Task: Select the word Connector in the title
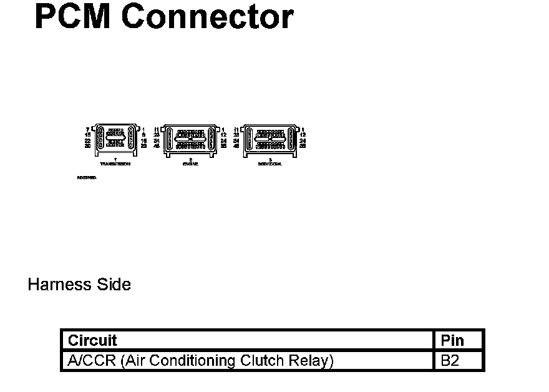point(207,17)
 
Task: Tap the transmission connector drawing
point(115,139)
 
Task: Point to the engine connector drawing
point(190,139)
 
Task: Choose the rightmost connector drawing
point(270,139)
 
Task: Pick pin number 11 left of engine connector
point(157,129)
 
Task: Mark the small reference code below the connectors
point(87,177)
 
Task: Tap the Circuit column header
point(92,340)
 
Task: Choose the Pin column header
point(452,340)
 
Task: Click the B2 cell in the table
point(450,361)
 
